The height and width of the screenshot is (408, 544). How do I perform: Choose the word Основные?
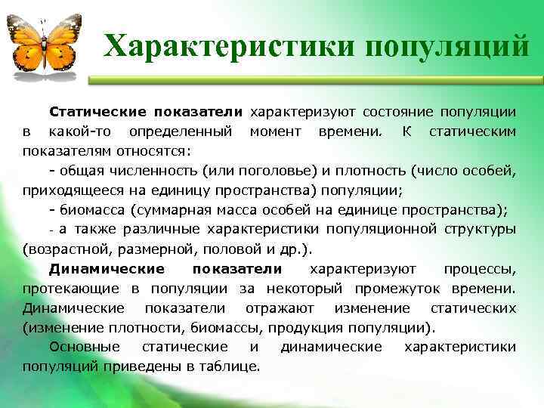click(85, 348)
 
